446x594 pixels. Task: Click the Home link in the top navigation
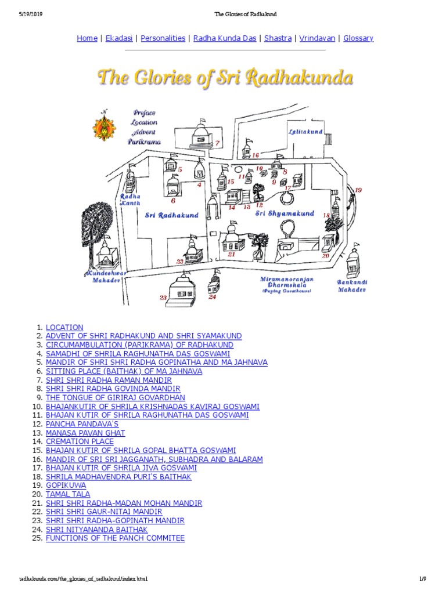click(x=87, y=38)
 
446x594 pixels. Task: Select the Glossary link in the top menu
click(x=358, y=38)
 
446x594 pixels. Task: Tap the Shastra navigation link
click(x=278, y=38)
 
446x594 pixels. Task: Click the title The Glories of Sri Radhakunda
click(x=225, y=78)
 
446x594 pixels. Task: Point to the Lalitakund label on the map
click(x=305, y=132)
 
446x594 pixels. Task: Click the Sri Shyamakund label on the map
click(x=285, y=213)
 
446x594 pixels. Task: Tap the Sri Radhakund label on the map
click(x=171, y=215)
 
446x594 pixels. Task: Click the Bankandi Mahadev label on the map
click(x=352, y=286)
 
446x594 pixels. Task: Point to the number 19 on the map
click(x=358, y=190)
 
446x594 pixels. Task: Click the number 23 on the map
click(x=163, y=298)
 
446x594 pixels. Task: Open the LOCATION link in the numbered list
click(x=64, y=327)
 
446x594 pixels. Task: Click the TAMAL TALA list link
click(x=68, y=494)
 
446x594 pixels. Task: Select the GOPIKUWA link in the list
click(x=66, y=486)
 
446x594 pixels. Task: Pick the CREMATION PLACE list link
click(x=80, y=441)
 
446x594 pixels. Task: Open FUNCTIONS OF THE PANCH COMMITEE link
click(x=115, y=538)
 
